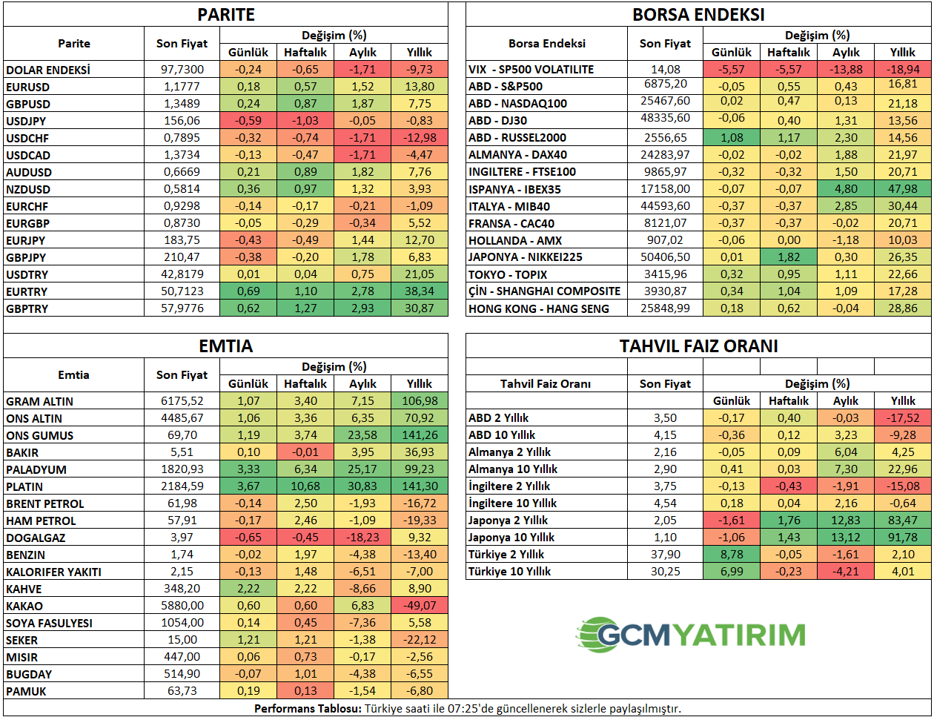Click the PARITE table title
[x=226, y=15]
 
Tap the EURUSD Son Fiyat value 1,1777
[x=182, y=87]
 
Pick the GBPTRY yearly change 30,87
[x=420, y=308]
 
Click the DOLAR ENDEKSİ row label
[x=48, y=70]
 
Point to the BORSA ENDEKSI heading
[x=698, y=15]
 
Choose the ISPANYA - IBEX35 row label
[x=514, y=189]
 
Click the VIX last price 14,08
[x=665, y=70]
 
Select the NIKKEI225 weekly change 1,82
[x=789, y=257]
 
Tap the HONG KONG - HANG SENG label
[x=539, y=308]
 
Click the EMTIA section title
[x=226, y=346]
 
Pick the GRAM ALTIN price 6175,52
[x=182, y=401]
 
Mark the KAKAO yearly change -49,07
[x=420, y=606]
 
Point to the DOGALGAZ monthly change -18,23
[x=362, y=538]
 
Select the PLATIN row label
[x=24, y=486]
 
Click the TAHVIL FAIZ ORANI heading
[x=698, y=346]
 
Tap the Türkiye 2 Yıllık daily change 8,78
[x=732, y=555]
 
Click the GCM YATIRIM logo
[x=691, y=635]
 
